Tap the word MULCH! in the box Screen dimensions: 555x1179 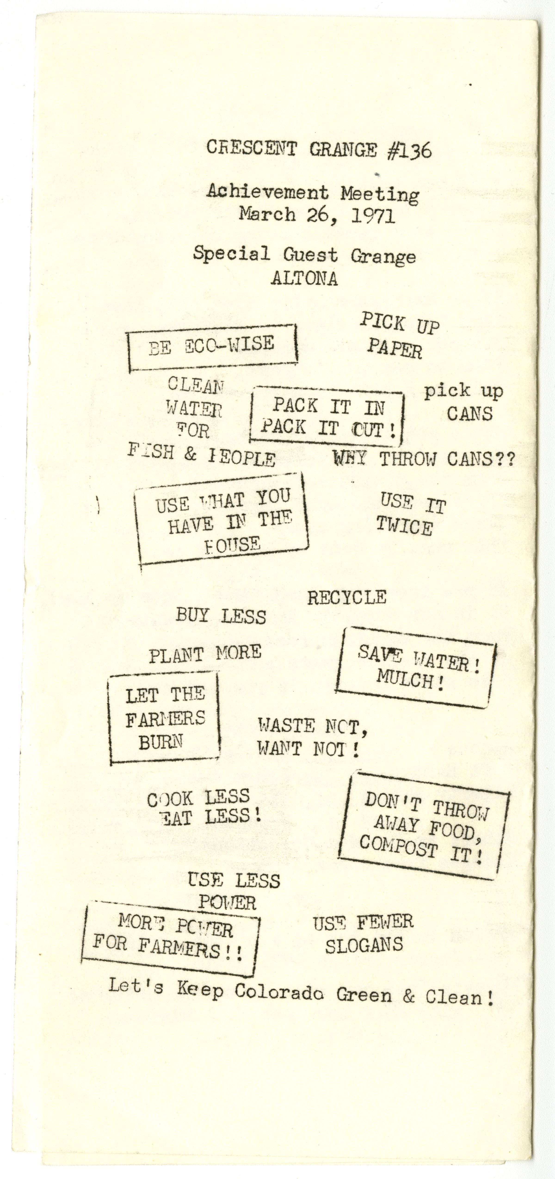pyautogui.click(x=410, y=680)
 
